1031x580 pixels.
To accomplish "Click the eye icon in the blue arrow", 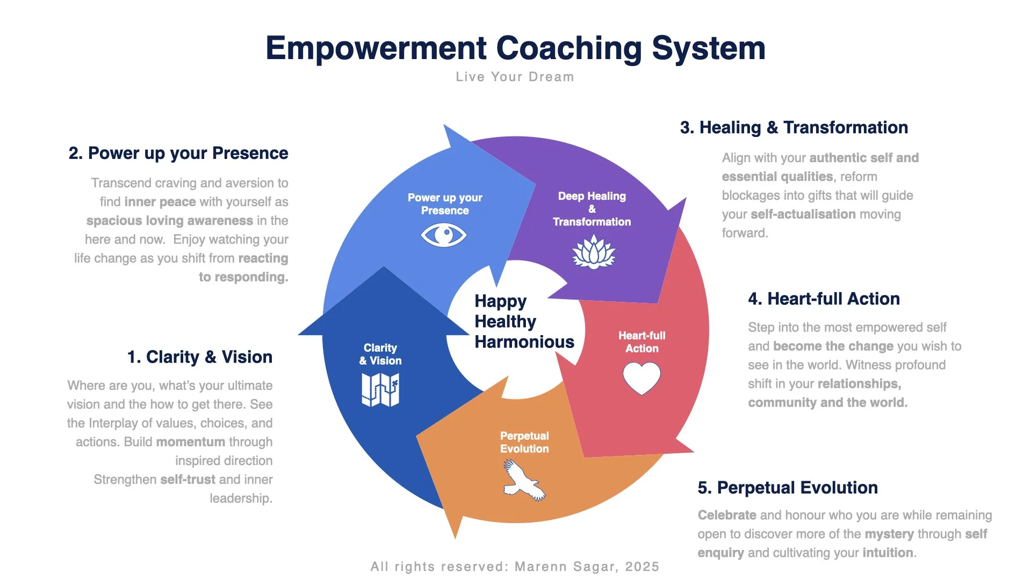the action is [444, 235].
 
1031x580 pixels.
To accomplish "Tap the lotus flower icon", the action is [593, 252].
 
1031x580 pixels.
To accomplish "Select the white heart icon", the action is [641, 378].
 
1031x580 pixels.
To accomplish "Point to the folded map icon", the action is [380, 389].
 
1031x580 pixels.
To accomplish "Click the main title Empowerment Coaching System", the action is [515, 48].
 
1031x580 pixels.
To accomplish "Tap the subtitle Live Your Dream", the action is [515, 77].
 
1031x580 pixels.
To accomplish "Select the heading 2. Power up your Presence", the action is [178, 153].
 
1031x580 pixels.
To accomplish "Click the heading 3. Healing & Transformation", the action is [794, 127].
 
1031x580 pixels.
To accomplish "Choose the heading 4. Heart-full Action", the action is [824, 299].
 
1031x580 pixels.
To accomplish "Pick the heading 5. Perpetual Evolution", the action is [788, 488].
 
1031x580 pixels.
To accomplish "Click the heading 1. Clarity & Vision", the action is [200, 357].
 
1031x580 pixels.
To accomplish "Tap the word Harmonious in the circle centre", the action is [524, 342].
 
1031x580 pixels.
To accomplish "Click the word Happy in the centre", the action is [500, 301].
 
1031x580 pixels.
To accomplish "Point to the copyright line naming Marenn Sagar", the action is [515, 567].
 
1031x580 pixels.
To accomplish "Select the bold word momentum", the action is [191, 442].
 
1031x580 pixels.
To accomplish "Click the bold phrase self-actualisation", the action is [803, 214].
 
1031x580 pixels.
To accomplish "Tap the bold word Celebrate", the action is [727, 515].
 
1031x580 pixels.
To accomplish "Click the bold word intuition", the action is [888, 553].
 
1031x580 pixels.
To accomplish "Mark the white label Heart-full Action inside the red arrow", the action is [641, 342].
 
